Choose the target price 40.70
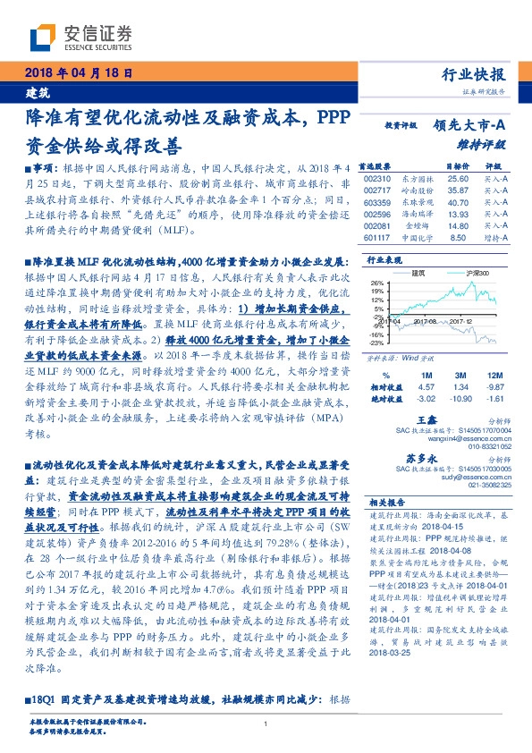coord(433,203)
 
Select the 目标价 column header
coord(433,166)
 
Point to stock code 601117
coord(379,238)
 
